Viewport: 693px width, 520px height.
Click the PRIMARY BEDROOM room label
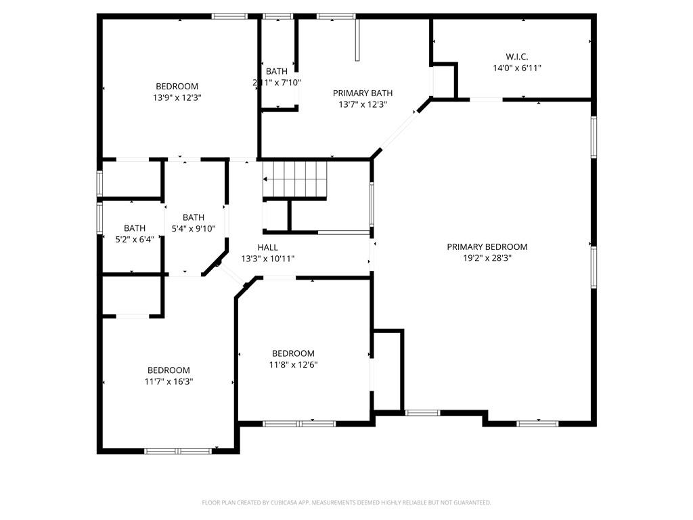click(x=487, y=246)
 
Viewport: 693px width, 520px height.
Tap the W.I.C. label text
click(x=516, y=57)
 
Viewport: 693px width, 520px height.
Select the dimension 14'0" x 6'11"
click(x=516, y=68)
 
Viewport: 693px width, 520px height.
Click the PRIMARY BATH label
click(x=362, y=93)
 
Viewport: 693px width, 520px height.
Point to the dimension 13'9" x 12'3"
click(x=177, y=97)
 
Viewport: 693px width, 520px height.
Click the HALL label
click(x=267, y=247)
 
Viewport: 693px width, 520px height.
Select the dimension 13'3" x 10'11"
click(x=267, y=258)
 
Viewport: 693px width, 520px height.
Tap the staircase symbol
click(x=296, y=179)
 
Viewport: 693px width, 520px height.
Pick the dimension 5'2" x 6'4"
click(x=134, y=239)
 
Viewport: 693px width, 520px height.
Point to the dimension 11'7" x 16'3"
click(x=169, y=381)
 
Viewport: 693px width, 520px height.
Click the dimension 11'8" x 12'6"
click(x=293, y=364)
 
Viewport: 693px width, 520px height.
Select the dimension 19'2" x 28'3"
click(x=487, y=257)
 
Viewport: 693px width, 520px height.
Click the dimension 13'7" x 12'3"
click(x=362, y=104)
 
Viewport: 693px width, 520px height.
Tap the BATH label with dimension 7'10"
click(x=276, y=71)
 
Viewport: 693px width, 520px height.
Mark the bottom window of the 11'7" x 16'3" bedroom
click(x=178, y=450)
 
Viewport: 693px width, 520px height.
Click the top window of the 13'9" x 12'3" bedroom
click(x=229, y=16)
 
